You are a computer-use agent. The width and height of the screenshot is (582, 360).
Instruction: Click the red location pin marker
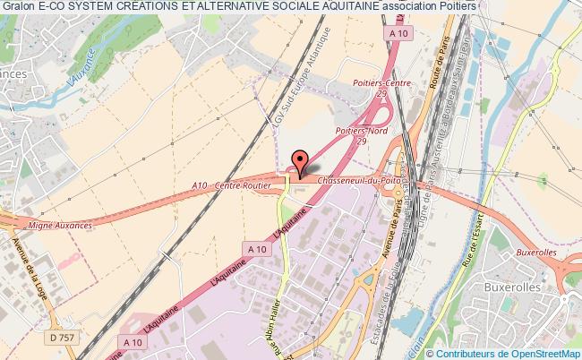coord(300,162)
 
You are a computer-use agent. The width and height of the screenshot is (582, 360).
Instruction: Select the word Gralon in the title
coord(18,7)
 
